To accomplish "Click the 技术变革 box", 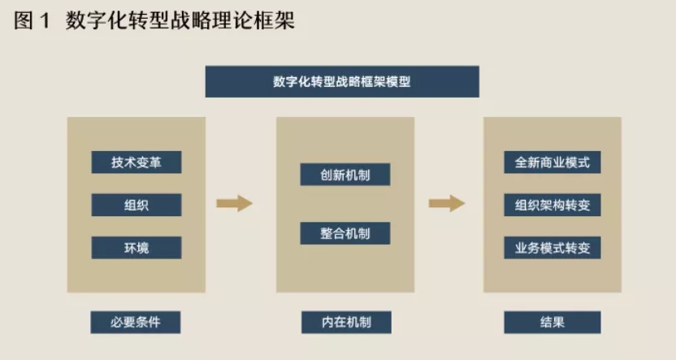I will [x=136, y=162].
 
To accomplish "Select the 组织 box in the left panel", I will [x=136, y=205].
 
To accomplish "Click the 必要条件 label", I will [x=136, y=322].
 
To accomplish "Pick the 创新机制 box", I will [x=344, y=174].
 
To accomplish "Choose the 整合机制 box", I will [x=344, y=233].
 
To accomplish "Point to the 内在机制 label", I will [x=345, y=322].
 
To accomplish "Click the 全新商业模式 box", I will [x=552, y=162].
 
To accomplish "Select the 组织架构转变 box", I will [x=552, y=205].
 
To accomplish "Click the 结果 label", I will [x=552, y=322].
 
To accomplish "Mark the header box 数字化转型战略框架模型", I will [x=342, y=82].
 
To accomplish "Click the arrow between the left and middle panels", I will [x=234, y=203].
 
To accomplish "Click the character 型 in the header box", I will [x=405, y=82].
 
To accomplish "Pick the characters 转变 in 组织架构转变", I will [x=578, y=205].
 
